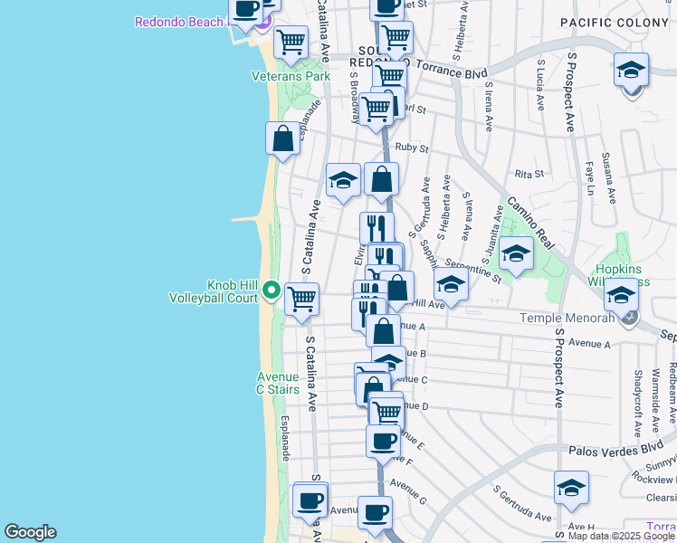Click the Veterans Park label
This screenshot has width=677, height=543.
tap(291, 76)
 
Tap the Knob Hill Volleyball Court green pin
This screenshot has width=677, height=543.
tap(272, 291)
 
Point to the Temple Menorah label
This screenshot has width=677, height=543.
tap(567, 318)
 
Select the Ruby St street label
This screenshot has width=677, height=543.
tap(411, 148)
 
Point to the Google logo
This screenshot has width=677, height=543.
tap(30, 531)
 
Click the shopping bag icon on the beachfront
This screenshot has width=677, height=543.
tap(282, 139)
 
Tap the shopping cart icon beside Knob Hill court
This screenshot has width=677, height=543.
tap(301, 298)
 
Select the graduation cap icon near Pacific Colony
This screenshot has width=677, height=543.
tap(631, 69)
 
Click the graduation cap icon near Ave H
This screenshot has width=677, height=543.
tap(571, 488)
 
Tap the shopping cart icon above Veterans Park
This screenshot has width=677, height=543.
tap(291, 42)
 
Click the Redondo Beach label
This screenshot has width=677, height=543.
tap(178, 22)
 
